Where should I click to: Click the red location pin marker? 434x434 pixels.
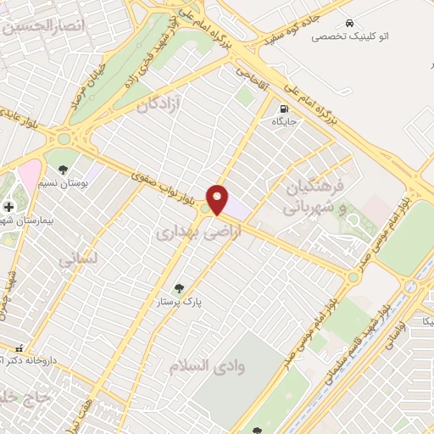tap(218, 198)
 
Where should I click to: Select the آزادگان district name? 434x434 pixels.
tap(159, 103)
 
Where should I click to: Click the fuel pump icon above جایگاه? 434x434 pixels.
tap(282, 108)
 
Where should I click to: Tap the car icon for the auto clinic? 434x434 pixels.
tap(348, 23)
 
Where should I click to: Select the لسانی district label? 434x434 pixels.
tap(79, 259)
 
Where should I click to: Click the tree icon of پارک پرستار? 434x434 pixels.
tap(178, 288)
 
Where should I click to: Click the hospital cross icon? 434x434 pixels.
tap(8, 206)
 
